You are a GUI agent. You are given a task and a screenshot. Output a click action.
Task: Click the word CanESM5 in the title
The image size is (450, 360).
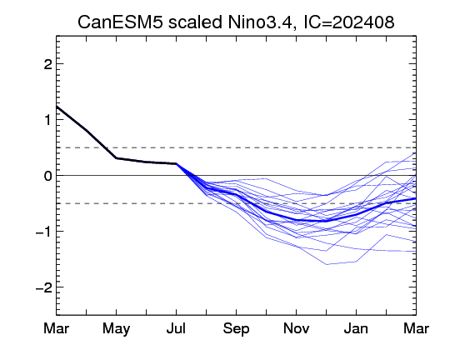coord(121,22)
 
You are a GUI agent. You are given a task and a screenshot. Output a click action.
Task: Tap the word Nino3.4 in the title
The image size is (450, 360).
coord(260,22)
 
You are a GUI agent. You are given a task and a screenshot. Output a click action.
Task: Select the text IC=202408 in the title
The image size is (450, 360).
coord(348,22)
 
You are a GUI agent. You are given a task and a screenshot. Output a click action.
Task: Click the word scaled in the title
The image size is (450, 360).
coord(195,22)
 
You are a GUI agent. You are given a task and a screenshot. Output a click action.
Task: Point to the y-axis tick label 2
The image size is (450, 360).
coord(47,65)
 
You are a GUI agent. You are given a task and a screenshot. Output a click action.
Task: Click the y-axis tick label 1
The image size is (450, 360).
coord(47,120)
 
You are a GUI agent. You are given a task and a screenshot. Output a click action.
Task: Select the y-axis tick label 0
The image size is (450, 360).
coord(47,176)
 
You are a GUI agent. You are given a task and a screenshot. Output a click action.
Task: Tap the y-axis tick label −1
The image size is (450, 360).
coord(43,232)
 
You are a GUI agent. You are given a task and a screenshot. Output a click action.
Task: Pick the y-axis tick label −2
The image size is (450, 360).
coord(43,287)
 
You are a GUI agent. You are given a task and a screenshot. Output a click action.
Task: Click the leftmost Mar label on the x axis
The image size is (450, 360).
coord(57,328)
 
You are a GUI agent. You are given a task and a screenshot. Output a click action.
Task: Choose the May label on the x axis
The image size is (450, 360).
coord(116,329)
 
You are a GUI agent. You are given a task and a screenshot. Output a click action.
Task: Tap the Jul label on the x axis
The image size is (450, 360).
coord(176,328)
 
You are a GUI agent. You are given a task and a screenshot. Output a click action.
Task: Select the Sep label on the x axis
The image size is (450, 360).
coord(236,329)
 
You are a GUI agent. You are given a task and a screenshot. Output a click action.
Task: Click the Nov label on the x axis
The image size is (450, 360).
coord(296,328)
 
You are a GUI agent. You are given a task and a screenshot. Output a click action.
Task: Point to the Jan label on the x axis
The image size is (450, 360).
coord(356,328)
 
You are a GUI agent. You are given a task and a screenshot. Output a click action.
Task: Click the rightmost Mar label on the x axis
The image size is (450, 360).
coord(416,328)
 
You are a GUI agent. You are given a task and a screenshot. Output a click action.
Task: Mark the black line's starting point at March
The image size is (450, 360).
coord(57,107)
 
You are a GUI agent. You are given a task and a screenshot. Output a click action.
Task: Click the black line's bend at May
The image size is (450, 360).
coord(116,157)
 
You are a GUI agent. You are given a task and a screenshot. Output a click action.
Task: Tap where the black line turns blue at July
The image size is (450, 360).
coord(176,163)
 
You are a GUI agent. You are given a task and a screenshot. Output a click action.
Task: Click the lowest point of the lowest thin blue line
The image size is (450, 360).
coord(327,264)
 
